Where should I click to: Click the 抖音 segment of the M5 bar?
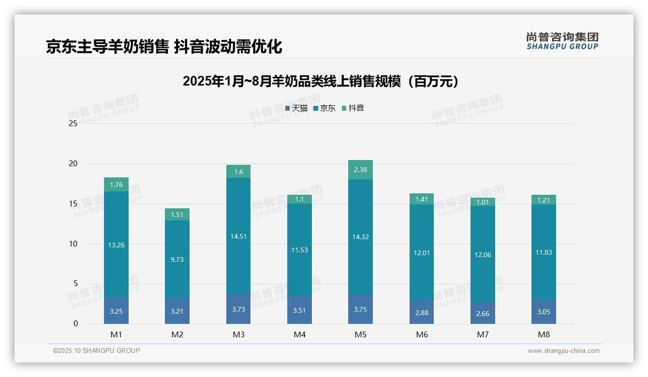[360, 170]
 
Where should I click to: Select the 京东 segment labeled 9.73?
[177, 259]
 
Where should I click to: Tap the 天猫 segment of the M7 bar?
[483, 314]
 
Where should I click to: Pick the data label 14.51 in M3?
[238, 236]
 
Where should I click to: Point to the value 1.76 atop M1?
[116, 185]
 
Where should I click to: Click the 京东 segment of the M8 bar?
[544, 252]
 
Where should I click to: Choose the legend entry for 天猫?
[296, 108]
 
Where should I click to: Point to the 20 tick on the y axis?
[73, 163]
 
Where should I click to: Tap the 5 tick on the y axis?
[75, 284]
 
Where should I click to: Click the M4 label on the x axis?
[299, 334]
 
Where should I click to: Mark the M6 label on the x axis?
[422, 334]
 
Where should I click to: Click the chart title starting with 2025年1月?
[320, 81]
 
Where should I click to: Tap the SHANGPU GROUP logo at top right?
[562, 41]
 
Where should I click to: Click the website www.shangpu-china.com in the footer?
[563, 351]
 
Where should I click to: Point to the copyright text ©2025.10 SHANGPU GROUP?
[97, 351]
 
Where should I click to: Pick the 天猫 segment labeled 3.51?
[299, 310]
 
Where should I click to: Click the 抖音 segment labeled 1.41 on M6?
[422, 199]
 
